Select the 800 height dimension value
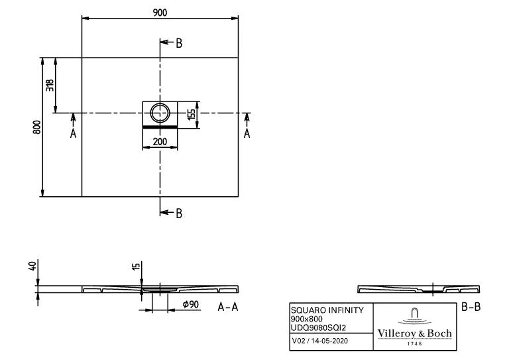click(38, 127)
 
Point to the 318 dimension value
click(50, 86)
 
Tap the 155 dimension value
click(191, 114)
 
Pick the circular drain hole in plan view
click(160, 113)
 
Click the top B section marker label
click(179, 44)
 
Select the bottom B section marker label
click(179, 213)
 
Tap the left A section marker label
click(73, 133)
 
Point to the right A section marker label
click(247, 133)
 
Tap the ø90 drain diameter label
click(191, 305)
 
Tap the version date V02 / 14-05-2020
click(319, 341)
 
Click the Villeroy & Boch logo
click(414, 326)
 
